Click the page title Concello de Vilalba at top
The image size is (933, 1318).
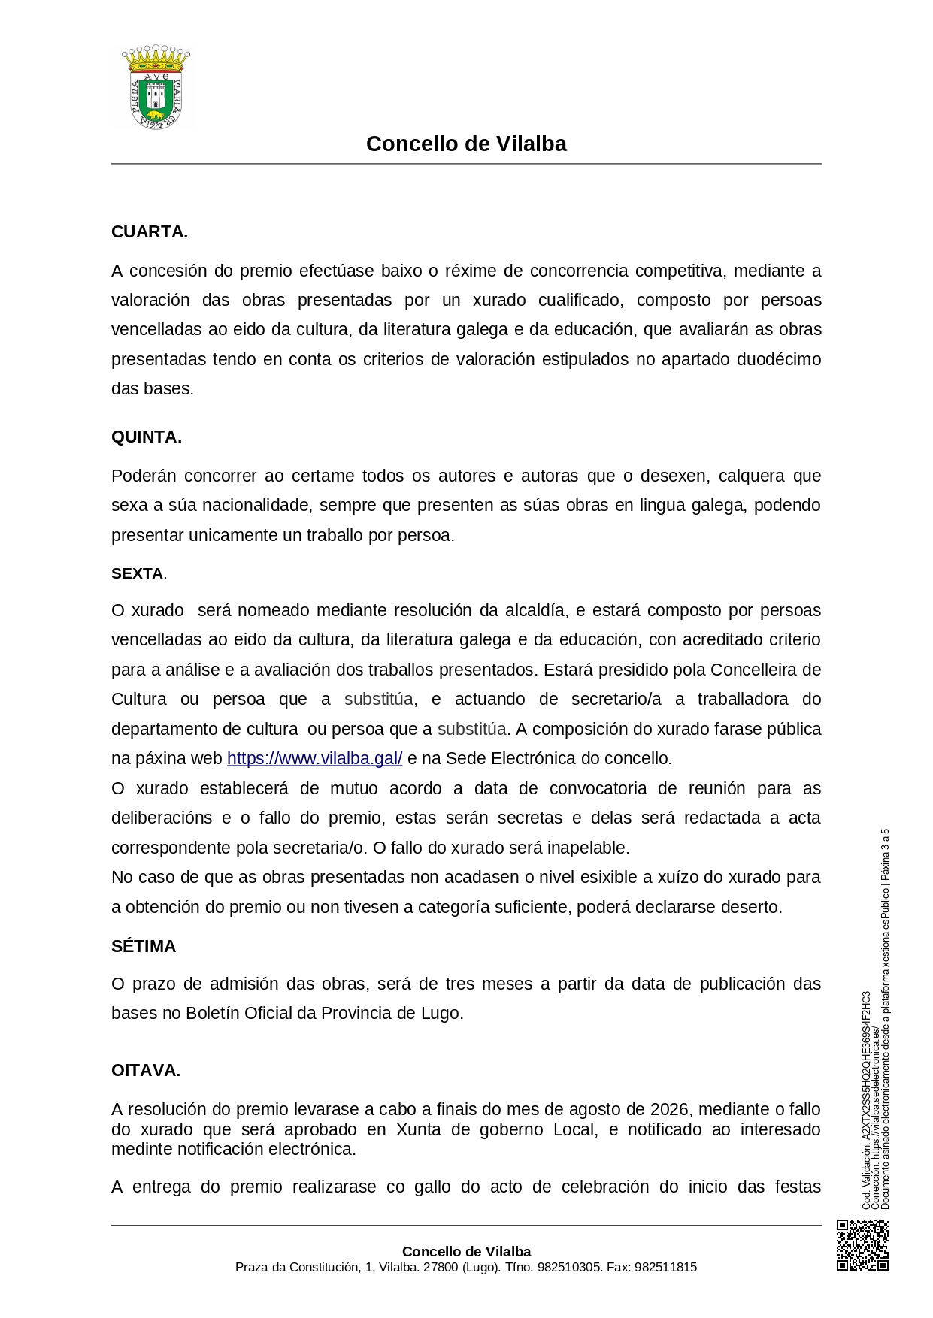pos(466,144)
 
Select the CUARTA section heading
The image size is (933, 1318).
pos(149,231)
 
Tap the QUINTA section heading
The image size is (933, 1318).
pos(146,437)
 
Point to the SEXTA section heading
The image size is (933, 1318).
pos(138,573)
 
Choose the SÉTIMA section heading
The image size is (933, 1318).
pos(144,946)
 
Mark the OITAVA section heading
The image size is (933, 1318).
pos(146,1070)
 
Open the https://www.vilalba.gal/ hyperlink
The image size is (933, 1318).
pos(314,758)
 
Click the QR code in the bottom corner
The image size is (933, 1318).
pos(862,1245)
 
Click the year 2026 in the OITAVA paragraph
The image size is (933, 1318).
pos(669,1109)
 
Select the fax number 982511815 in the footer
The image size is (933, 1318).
pos(665,1267)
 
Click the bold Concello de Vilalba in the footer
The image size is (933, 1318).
pos(466,1251)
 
